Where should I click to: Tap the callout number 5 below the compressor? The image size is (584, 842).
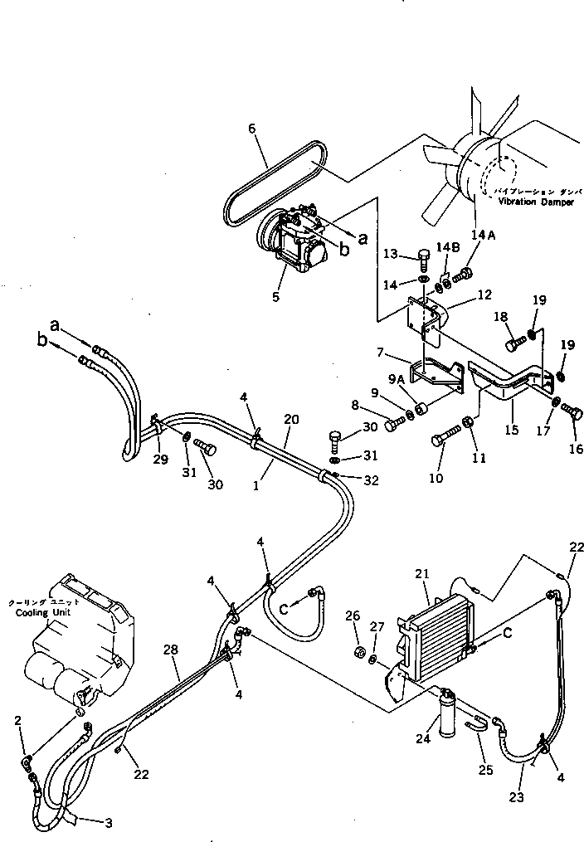[275, 294]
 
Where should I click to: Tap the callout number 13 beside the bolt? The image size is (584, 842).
[392, 254]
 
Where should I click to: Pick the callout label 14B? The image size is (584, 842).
[448, 248]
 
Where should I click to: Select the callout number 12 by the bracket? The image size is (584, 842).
[485, 294]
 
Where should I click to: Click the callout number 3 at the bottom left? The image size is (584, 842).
[108, 823]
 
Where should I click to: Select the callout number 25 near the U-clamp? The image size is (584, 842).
[485, 769]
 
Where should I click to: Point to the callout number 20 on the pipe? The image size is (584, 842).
[290, 420]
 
